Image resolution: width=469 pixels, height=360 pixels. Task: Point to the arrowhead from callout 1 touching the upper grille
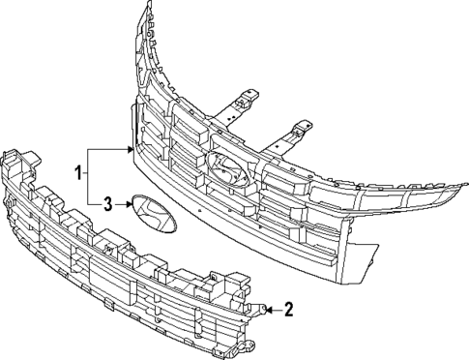click(x=129, y=150)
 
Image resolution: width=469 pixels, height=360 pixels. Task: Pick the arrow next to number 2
click(x=274, y=310)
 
